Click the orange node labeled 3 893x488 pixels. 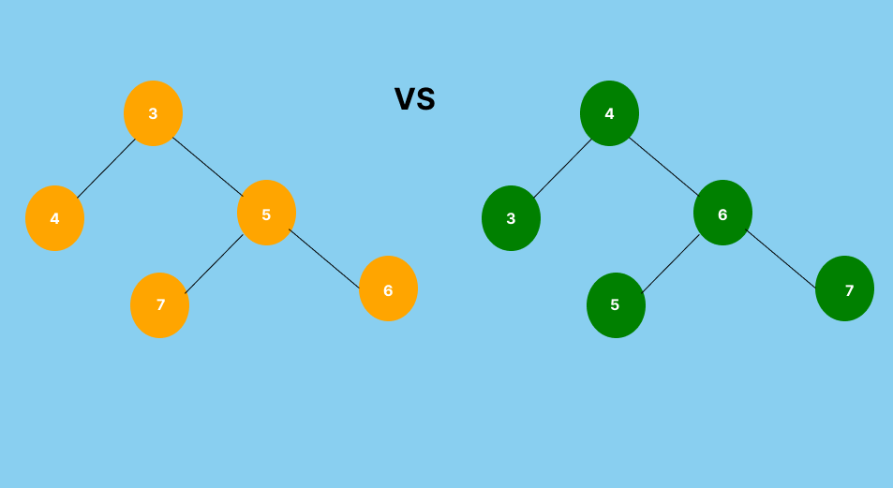coord(153,113)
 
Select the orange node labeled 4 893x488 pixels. coord(54,218)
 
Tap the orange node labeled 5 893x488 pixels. coord(266,213)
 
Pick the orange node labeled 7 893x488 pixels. coord(159,305)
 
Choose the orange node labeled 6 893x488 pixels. coord(388,288)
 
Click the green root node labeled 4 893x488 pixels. coord(609,113)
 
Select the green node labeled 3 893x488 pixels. coord(511,218)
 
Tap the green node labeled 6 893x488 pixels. coord(722,213)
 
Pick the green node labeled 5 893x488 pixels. coord(616,305)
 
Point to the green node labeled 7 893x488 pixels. coord(844,288)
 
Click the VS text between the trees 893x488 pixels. coord(414,98)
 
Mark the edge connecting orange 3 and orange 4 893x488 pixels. coord(106,169)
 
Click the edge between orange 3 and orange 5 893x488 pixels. coord(208,167)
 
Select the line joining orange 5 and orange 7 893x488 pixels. coord(214,264)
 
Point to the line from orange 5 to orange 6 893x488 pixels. coord(324,258)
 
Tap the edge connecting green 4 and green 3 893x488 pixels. coord(562,169)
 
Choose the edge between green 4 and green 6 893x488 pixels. coord(664,167)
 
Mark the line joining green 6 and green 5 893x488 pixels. coord(670,264)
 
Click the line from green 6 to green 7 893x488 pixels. coord(781,258)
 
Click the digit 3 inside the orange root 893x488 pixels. coord(153,114)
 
